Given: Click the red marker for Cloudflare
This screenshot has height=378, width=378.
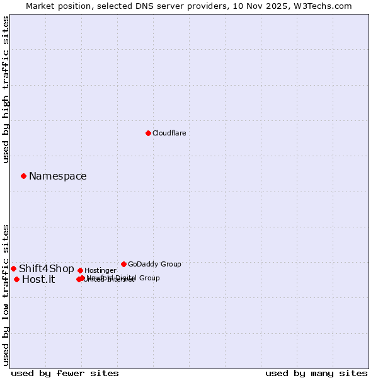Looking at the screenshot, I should (x=148, y=133).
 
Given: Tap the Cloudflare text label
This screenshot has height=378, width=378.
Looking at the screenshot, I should (x=169, y=133).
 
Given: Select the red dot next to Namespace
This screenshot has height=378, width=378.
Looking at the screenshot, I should (x=23, y=176).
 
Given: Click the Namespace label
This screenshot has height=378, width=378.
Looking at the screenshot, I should (x=57, y=176).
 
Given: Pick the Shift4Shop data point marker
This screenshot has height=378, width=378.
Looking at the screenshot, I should (x=13, y=268).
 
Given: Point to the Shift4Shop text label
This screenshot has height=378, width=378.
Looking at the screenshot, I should (x=46, y=269).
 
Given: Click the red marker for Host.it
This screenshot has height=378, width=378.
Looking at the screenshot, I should (x=16, y=279).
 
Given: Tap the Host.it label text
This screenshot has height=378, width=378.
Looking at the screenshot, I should (x=38, y=280).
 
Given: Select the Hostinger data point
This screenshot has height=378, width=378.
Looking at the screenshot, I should (x=80, y=270).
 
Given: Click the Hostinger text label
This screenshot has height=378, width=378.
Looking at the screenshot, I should (x=100, y=270).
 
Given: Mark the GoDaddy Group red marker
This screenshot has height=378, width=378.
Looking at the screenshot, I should (x=123, y=264).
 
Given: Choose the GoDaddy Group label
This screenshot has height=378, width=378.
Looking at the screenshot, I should (x=154, y=264).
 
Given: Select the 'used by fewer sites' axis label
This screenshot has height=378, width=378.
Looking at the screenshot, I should (x=65, y=373).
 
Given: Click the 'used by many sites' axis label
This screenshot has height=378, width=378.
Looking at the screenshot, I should (x=316, y=373).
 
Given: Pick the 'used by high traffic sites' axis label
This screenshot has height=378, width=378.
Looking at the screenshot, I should (x=6, y=89).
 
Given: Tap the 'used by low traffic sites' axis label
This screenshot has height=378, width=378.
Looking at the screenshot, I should (x=6, y=295).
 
